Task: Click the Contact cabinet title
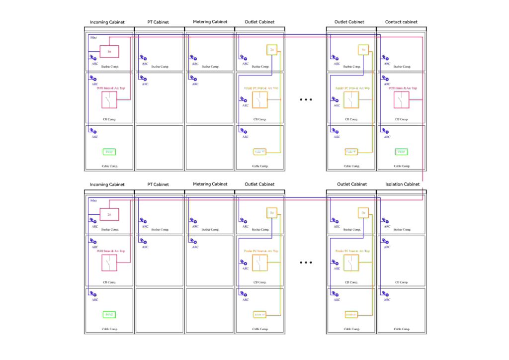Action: click(x=401, y=22)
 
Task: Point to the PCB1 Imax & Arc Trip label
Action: click(x=109, y=88)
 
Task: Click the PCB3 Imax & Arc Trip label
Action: click(x=401, y=88)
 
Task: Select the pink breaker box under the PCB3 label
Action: click(x=401, y=100)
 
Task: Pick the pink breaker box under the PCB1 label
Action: click(x=109, y=100)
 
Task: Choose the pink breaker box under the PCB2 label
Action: click(x=109, y=263)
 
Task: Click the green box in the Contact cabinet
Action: click(x=401, y=152)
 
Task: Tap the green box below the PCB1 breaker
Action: click(x=109, y=152)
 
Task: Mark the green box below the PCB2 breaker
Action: click(x=109, y=314)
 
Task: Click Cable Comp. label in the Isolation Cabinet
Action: click(x=401, y=329)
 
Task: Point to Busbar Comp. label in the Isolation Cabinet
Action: click(x=401, y=230)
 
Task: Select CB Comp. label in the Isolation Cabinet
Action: click(x=401, y=282)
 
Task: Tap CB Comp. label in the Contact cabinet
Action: click(x=401, y=119)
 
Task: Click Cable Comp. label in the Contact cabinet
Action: click(x=401, y=166)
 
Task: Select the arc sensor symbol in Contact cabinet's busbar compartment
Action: click(x=385, y=58)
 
